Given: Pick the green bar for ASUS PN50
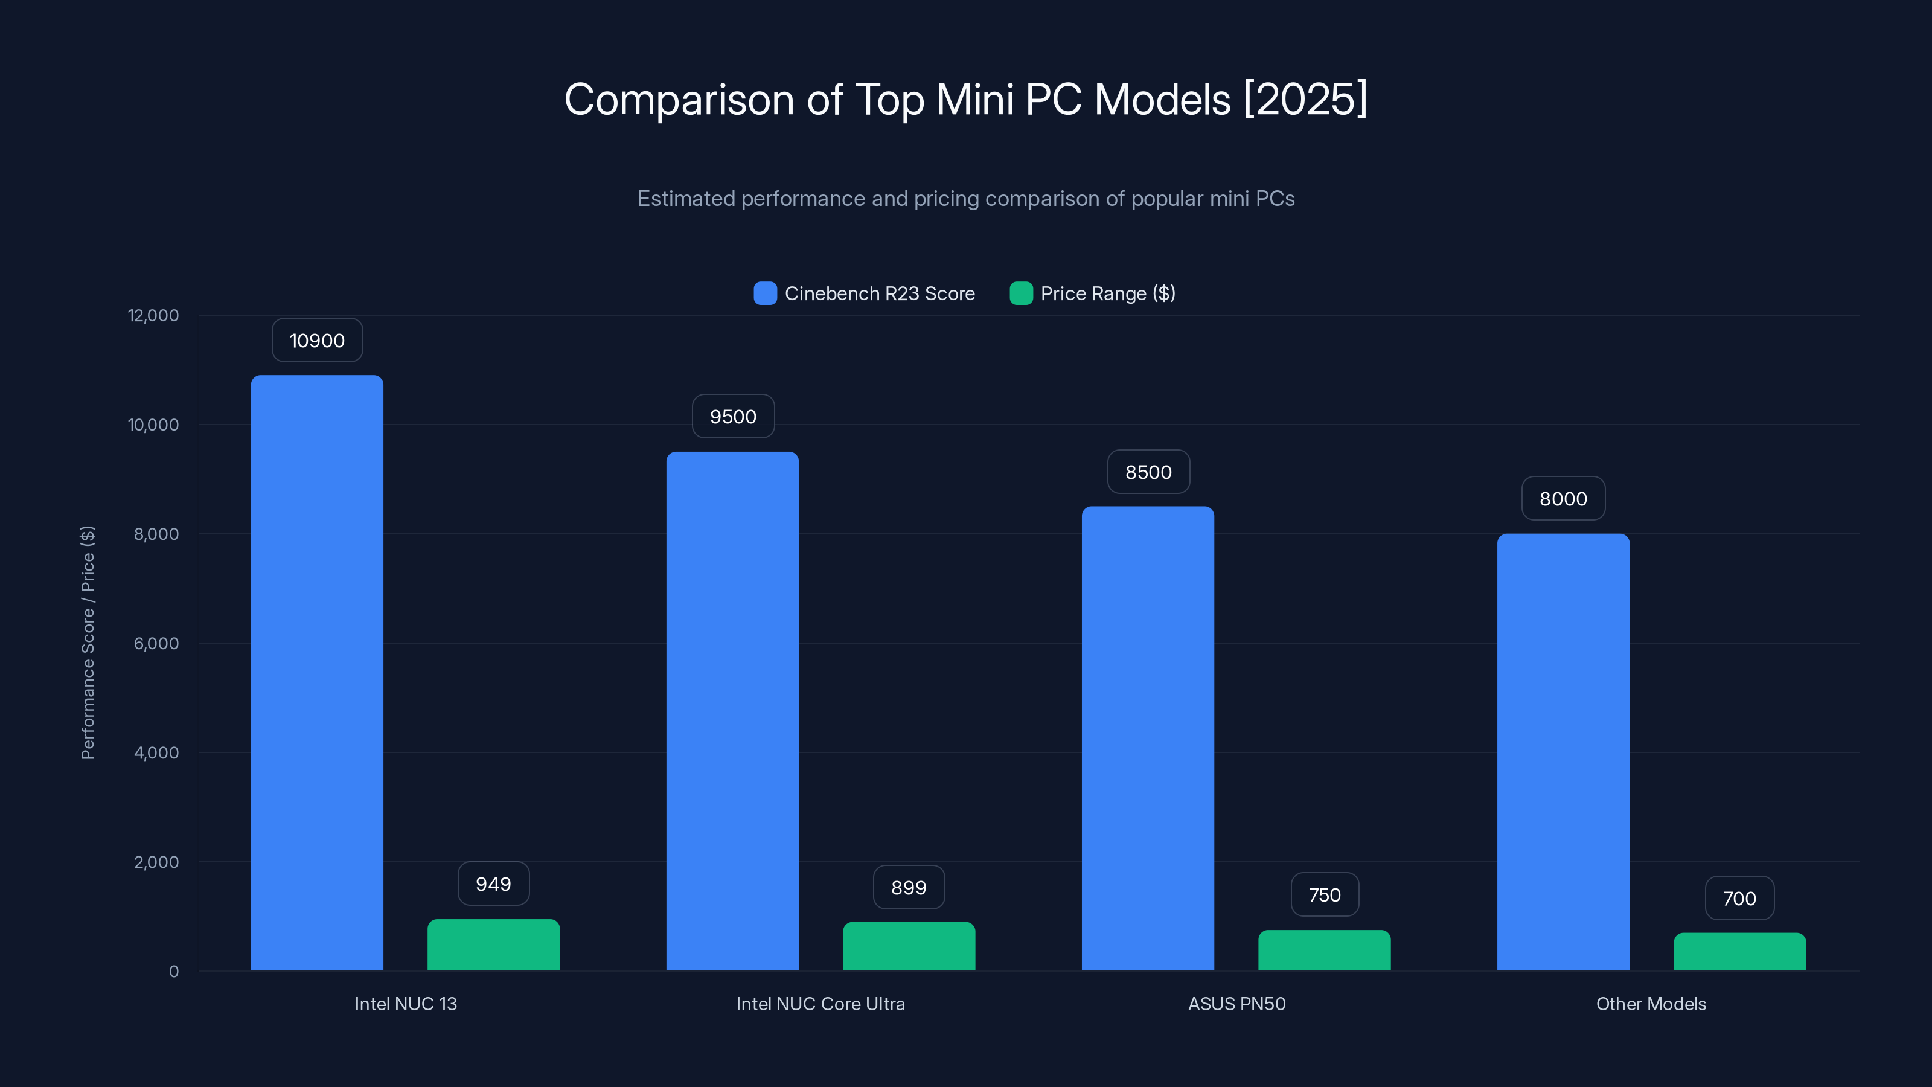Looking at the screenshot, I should click(1324, 951).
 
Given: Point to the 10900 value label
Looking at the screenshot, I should click(317, 341).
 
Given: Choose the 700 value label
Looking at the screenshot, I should click(1739, 898).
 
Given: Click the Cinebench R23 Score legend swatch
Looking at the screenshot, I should click(765, 293).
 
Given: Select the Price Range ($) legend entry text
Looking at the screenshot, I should click(1107, 293).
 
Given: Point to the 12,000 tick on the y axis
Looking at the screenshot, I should click(154, 315).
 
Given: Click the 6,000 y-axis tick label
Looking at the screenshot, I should click(156, 643).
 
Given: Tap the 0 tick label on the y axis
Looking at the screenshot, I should click(174, 972).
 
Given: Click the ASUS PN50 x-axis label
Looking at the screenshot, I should click(1236, 1004).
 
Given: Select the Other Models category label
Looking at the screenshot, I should click(1651, 1004).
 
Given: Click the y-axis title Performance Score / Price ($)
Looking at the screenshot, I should click(88, 643).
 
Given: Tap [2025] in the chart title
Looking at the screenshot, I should click(1305, 99).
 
